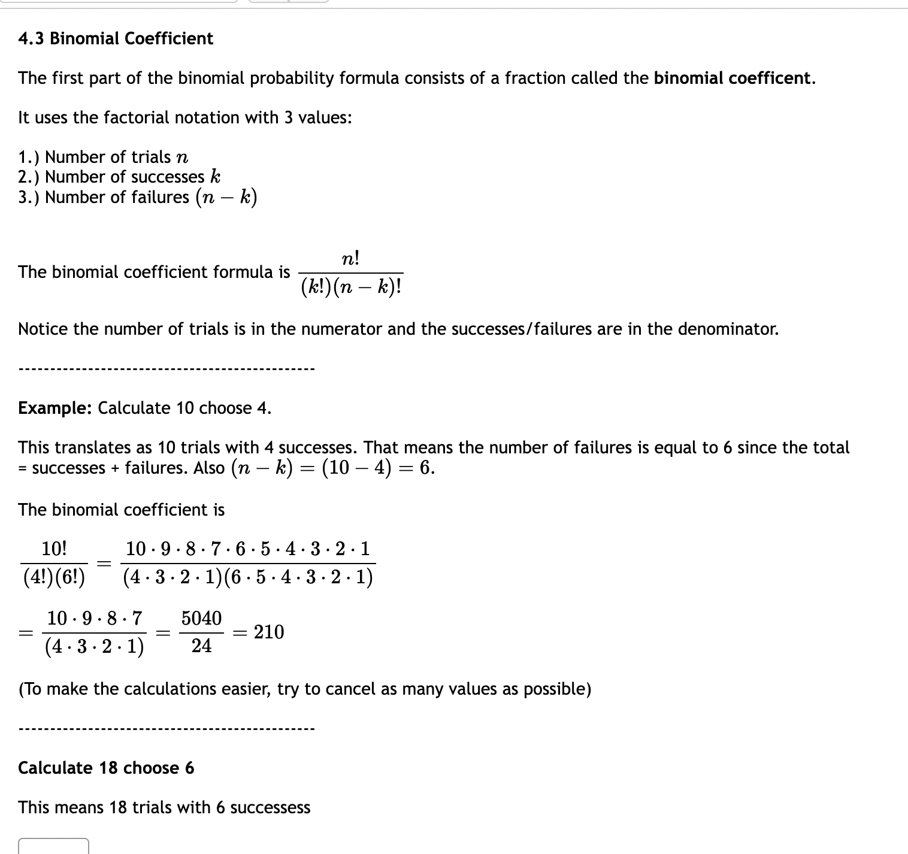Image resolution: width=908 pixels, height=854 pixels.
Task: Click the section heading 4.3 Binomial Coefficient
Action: click(x=116, y=39)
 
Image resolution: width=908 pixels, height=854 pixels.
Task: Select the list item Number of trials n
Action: click(x=103, y=157)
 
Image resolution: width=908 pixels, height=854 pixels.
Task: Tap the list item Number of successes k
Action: click(x=119, y=177)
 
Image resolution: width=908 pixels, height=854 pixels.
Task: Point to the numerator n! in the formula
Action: click(x=350, y=259)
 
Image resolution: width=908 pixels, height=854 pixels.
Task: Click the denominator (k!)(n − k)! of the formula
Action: click(x=351, y=288)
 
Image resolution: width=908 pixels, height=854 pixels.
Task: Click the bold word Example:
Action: click(x=55, y=408)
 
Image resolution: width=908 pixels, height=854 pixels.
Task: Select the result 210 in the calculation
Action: click(x=269, y=632)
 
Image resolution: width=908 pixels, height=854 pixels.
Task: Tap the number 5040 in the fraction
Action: click(x=201, y=619)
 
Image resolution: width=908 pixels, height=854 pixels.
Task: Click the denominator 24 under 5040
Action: click(x=201, y=646)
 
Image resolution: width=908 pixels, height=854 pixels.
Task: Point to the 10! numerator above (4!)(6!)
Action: click(x=54, y=549)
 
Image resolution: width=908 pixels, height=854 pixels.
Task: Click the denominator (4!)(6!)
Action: click(x=54, y=577)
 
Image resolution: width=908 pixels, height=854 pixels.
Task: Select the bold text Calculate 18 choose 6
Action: click(x=106, y=768)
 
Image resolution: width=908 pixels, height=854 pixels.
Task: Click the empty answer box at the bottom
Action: click(x=54, y=846)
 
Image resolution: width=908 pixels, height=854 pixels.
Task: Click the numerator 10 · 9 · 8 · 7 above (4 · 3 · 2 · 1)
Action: click(x=95, y=618)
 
